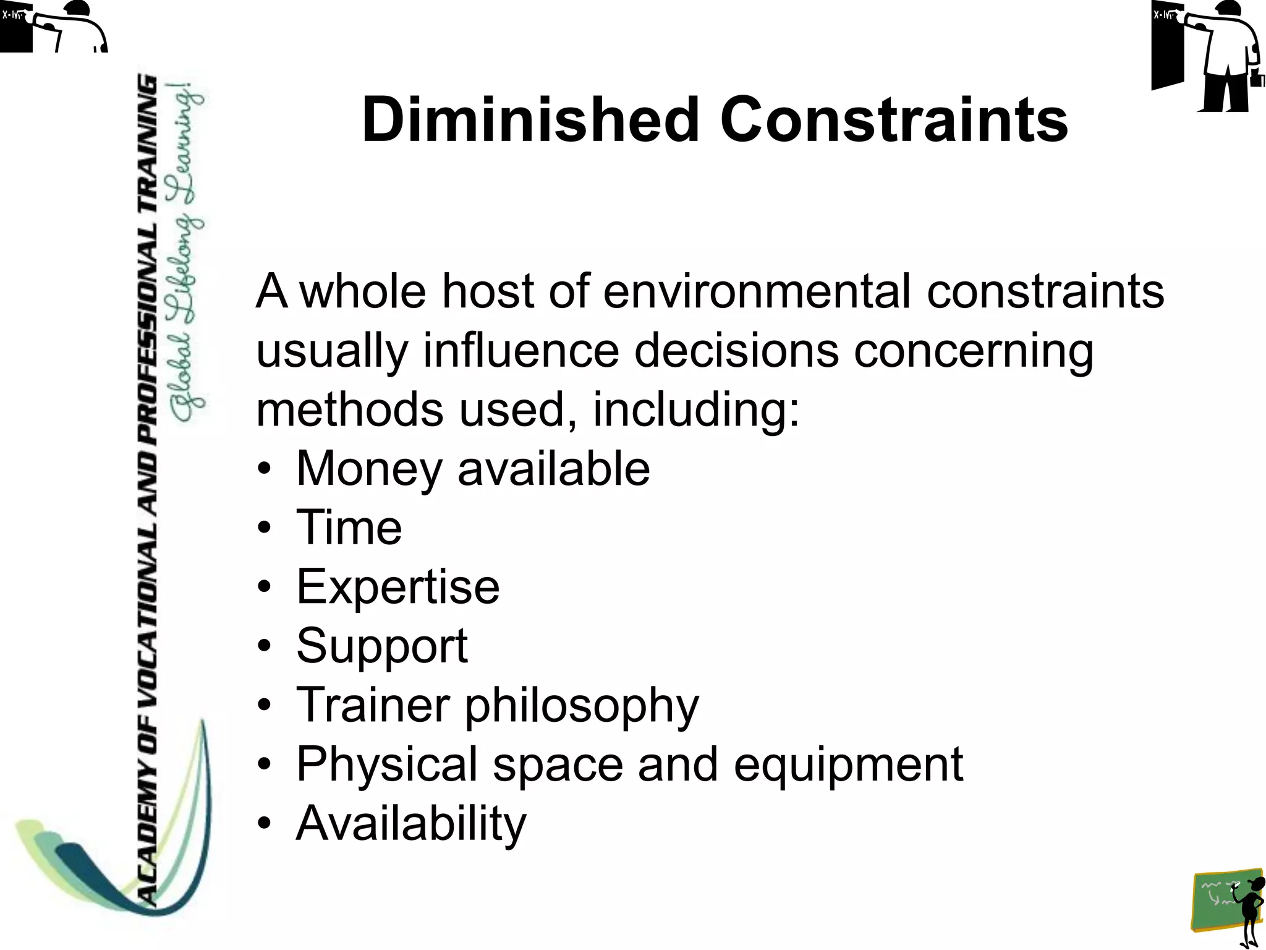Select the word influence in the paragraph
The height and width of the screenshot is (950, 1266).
(520, 350)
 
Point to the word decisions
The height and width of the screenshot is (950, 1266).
(736, 350)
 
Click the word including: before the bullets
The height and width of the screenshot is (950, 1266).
(696, 409)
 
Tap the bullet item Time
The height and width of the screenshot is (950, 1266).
(349, 528)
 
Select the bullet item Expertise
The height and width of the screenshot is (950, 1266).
(397, 586)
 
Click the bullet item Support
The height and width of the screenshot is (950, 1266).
(381, 646)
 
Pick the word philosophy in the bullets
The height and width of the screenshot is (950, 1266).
(581, 705)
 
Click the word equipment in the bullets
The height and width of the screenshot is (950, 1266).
(848, 764)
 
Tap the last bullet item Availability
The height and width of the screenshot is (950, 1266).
(411, 823)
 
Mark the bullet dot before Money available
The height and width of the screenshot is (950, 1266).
(265, 469)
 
